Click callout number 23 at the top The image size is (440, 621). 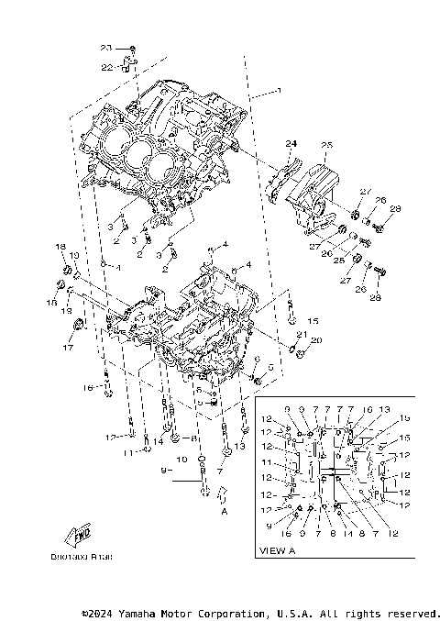105,47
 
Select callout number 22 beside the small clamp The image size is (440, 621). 105,66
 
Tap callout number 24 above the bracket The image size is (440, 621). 291,144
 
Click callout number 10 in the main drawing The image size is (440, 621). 181,457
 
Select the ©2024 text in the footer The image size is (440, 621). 98,613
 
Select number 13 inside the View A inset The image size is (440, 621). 383,409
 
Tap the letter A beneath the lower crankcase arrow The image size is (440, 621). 223,514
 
